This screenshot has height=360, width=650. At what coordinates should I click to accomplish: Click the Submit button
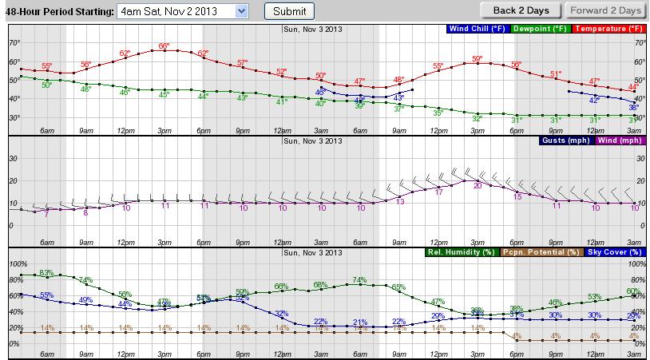pyautogui.click(x=289, y=11)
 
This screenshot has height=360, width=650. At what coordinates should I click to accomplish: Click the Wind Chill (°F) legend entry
pyautogui.click(x=476, y=29)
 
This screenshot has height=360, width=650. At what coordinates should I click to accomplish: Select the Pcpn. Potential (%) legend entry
pyautogui.click(x=541, y=252)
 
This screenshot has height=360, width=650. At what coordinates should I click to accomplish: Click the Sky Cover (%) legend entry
pyautogui.click(x=613, y=252)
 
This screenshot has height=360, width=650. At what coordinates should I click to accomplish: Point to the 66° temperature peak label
pyautogui.click(x=164, y=45)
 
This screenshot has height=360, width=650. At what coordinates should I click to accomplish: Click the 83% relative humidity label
pyautogui.click(x=46, y=273)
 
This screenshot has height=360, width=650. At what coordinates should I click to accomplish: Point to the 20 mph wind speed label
pyautogui.click(x=478, y=185)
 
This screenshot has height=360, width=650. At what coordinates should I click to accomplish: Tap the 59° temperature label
pyautogui.click(x=478, y=58)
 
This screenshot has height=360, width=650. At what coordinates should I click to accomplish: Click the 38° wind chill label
pyautogui.click(x=633, y=107)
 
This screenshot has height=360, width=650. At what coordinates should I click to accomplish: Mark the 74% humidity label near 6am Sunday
pyautogui.click(x=359, y=279)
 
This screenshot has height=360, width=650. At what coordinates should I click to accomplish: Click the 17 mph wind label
pyautogui.click(x=438, y=192)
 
